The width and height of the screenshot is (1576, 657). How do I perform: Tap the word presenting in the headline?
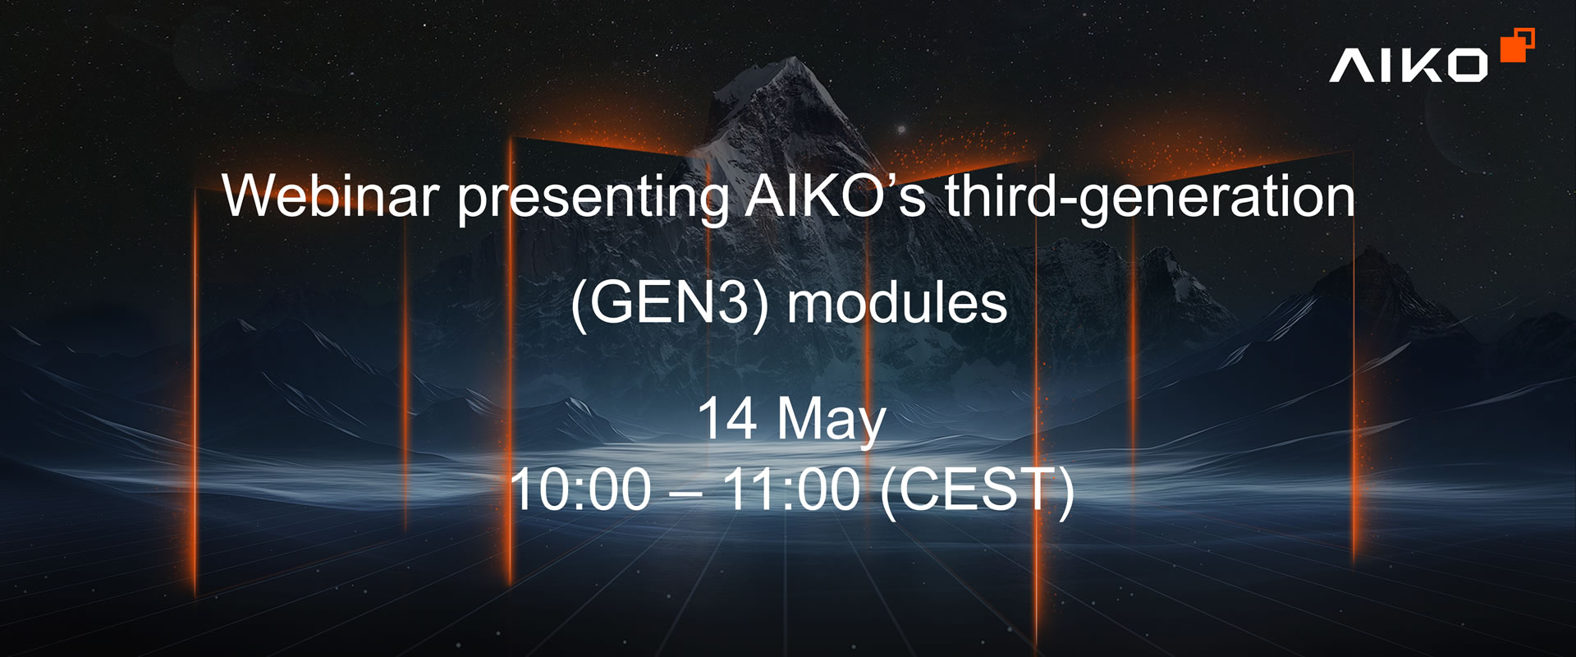pos(593,200)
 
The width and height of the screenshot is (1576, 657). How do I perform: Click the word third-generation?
pos(1149,198)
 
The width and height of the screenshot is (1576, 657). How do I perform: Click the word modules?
pos(897,302)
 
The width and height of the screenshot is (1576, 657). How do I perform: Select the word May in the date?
pos(831,423)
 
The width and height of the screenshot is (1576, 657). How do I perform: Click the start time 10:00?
pos(580,489)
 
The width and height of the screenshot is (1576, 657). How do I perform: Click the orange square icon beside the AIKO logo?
pos(1517,45)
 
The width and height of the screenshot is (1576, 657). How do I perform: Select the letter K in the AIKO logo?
pos(1409,65)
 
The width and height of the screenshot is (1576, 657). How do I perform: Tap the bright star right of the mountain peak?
pos(901,130)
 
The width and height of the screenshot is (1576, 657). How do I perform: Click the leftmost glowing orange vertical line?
pos(195,390)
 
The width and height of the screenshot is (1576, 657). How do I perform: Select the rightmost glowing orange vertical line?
pos(1354,357)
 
